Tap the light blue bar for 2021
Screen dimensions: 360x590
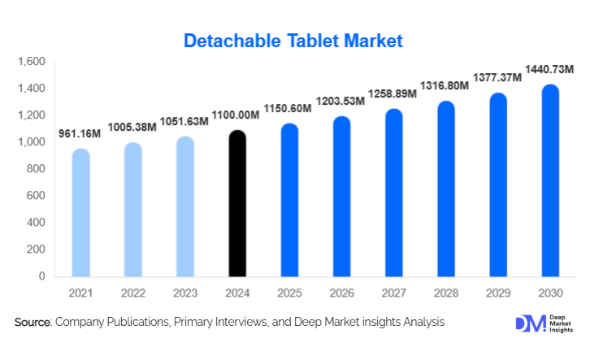(81, 213)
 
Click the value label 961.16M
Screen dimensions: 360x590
(80, 133)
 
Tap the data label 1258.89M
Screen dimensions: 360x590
(393, 93)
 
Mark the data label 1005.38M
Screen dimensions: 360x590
(132, 126)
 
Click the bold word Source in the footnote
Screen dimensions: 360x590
(33, 323)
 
